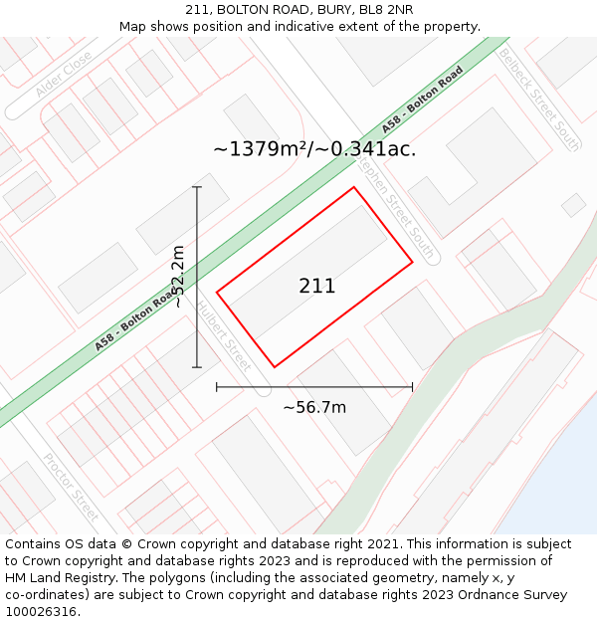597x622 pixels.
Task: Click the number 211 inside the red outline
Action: (x=317, y=287)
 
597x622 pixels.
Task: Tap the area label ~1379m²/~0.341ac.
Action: (x=314, y=149)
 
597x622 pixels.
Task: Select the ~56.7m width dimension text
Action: (x=314, y=407)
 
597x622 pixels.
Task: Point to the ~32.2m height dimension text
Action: (x=179, y=276)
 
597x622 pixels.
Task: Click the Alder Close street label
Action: (x=64, y=75)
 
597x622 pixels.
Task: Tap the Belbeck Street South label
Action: (x=539, y=99)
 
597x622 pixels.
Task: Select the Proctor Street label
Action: (x=72, y=487)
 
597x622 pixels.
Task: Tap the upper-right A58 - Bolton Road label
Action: (x=422, y=100)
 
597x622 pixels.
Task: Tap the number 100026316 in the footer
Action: (x=41, y=612)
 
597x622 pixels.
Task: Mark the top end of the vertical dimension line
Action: (x=197, y=187)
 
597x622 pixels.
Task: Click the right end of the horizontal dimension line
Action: (x=412, y=387)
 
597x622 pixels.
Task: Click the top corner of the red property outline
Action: (x=353, y=187)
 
